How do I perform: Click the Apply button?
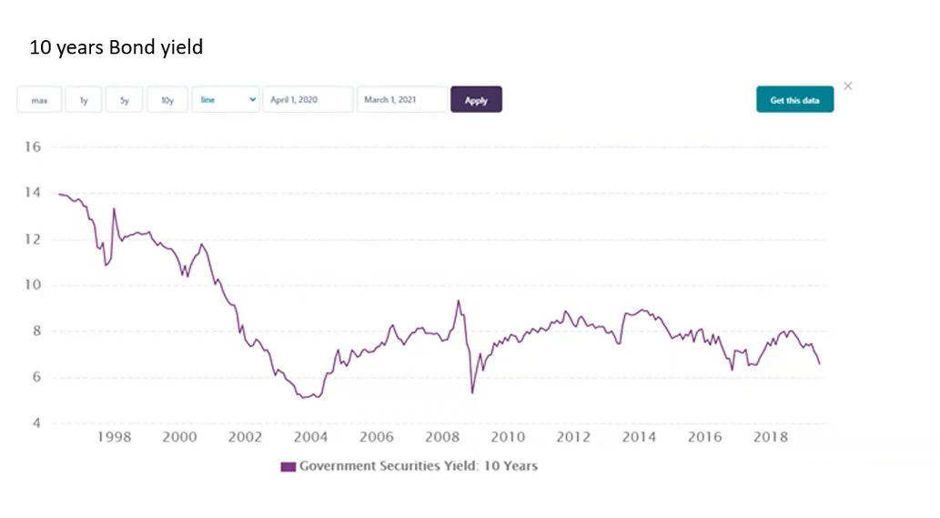click(x=476, y=100)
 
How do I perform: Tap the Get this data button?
click(x=794, y=100)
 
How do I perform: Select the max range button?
click(x=39, y=100)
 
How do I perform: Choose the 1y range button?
click(x=84, y=100)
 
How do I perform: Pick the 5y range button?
click(x=124, y=100)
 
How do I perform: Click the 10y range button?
click(x=167, y=100)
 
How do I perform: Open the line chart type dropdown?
click(x=226, y=100)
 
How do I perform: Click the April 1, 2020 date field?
click(x=308, y=100)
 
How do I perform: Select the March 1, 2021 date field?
click(x=402, y=100)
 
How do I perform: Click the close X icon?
click(x=848, y=86)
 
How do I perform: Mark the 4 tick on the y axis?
click(x=35, y=423)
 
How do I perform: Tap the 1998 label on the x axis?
click(x=114, y=437)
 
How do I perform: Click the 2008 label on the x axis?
click(x=442, y=437)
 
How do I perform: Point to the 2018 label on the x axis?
click(x=771, y=437)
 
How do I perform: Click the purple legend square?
click(x=288, y=466)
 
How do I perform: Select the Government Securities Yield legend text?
click(x=419, y=466)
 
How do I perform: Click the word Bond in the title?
click(x=132, y=47)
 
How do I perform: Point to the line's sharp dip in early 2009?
click(x=472, y=392)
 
